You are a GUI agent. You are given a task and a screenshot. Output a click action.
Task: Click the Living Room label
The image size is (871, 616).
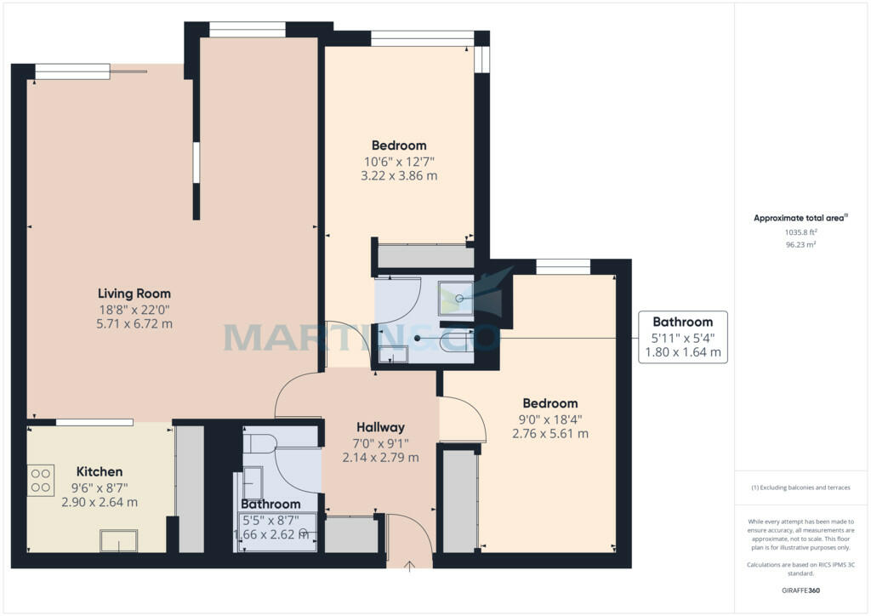click(134, 294)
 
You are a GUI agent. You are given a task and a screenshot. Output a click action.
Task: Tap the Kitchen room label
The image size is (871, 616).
click(100, 471)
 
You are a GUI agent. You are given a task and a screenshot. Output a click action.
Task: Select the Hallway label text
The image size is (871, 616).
click(380, 427)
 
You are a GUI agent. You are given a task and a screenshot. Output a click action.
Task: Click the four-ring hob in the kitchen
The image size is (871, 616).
click(41, 481)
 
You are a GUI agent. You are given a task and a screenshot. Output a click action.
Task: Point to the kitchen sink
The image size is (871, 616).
click(118, 540)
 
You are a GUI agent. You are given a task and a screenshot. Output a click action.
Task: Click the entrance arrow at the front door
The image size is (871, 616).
click(409, 566)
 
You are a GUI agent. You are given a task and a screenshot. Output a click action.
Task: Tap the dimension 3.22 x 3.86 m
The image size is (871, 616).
click(399, 176)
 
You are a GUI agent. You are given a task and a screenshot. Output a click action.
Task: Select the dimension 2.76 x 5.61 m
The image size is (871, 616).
click(550, 434)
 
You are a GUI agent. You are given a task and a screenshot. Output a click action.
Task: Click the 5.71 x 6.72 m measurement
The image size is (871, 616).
click(134, 324)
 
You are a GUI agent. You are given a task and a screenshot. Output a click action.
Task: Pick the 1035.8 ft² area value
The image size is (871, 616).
click(800, 233)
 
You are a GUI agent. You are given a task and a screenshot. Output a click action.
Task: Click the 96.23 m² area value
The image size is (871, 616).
click(800, 244)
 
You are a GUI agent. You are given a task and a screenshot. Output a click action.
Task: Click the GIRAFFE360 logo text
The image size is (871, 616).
click(800, 590)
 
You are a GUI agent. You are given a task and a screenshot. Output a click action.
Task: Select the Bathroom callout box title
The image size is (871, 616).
click(683, 322)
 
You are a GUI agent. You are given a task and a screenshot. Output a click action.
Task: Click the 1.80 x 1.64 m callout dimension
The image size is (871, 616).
click(683, 352)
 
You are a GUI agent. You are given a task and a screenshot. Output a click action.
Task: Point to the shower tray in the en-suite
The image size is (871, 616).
click(456, 299)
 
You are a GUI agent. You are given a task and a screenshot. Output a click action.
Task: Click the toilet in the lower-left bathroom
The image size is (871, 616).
click(260, 444)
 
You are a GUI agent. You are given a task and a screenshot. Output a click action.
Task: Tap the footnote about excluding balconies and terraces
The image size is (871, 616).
click(800, 488)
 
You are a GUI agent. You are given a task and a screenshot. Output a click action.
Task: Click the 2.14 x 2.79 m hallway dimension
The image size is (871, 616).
click(380, 458)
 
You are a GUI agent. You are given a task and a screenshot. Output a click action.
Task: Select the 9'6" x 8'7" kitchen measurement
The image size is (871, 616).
click(100, 488)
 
